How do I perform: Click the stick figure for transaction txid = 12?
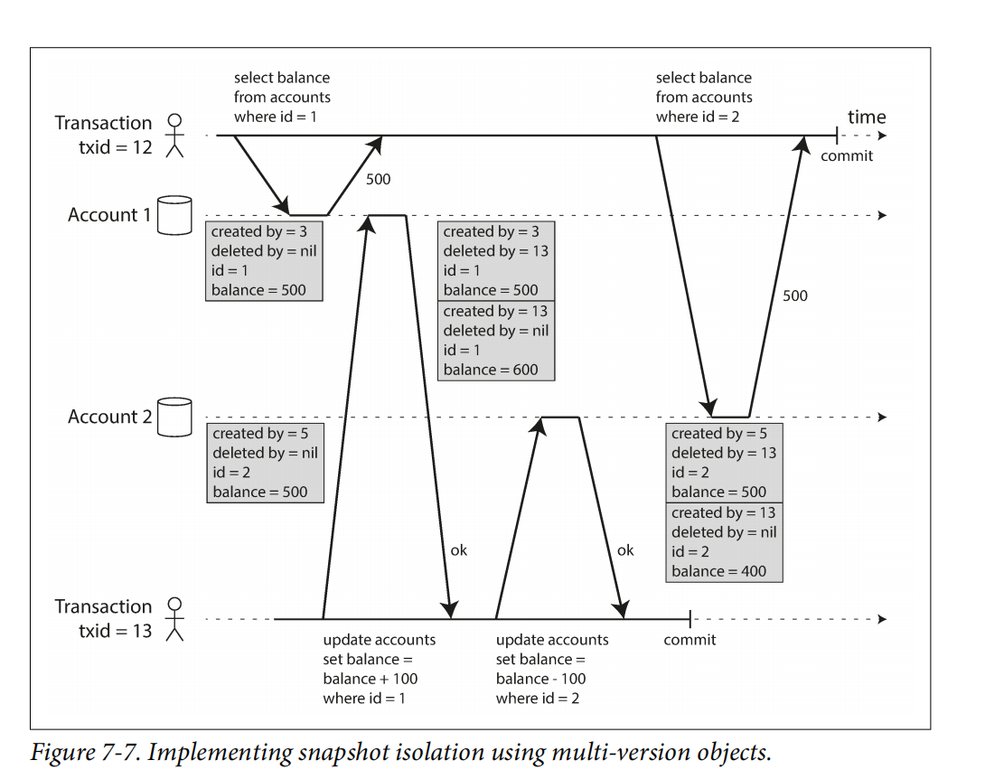(x=175, y=136)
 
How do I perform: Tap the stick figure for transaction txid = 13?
(x=175, y=619)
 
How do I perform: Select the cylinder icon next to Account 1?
(x=174, y=215)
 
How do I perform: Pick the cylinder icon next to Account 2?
(x=174, y=417)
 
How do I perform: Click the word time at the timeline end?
(x=867, y=117)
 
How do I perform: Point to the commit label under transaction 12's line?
(x=847, y=155)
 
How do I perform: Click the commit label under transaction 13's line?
(x=689, y=640)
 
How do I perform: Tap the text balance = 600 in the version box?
(x=491, y=369)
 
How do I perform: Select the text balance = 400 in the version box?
(x=718, y=571)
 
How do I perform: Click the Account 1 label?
(x=109, y=215)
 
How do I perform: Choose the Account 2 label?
(x=109, y=417)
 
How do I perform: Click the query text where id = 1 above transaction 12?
(x=276, y=117)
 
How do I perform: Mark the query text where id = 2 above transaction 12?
(x=698, y=117)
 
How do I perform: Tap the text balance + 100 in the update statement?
(x=371, y=679)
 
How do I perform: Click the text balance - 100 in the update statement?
(x=540, y=679)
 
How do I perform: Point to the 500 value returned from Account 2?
(x=795, y=296)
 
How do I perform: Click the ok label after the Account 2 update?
(x=625, y=550)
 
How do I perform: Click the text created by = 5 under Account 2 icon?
(x=261, y=434)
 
